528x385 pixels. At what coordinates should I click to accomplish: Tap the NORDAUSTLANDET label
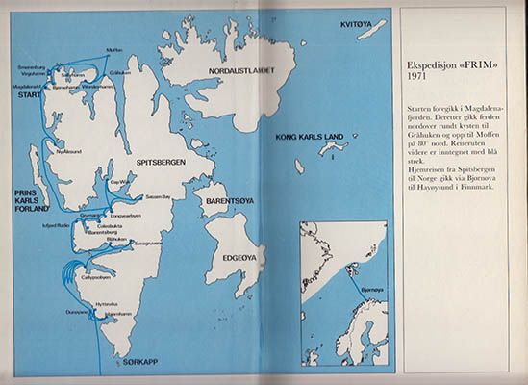point(235,70)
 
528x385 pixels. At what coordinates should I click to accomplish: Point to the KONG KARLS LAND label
point(309,139)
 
